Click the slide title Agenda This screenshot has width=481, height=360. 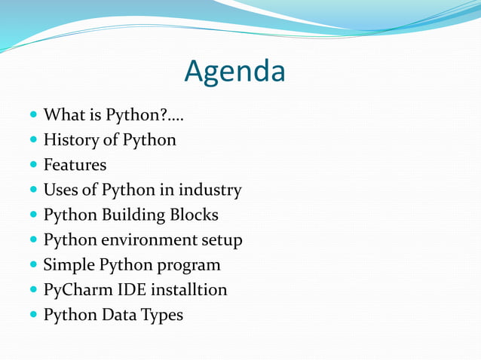pos(235,72)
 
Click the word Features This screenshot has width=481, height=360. pos(75,164)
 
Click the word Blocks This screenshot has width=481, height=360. pos(195,215)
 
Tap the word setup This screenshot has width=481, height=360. pos(221,240)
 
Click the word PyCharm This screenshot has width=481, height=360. pos(75,290)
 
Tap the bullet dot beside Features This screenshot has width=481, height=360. pos(34,165)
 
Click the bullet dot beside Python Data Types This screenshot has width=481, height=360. pos(34,315)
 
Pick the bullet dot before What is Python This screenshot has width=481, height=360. pos(34,116)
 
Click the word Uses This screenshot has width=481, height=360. pos(60,190)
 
